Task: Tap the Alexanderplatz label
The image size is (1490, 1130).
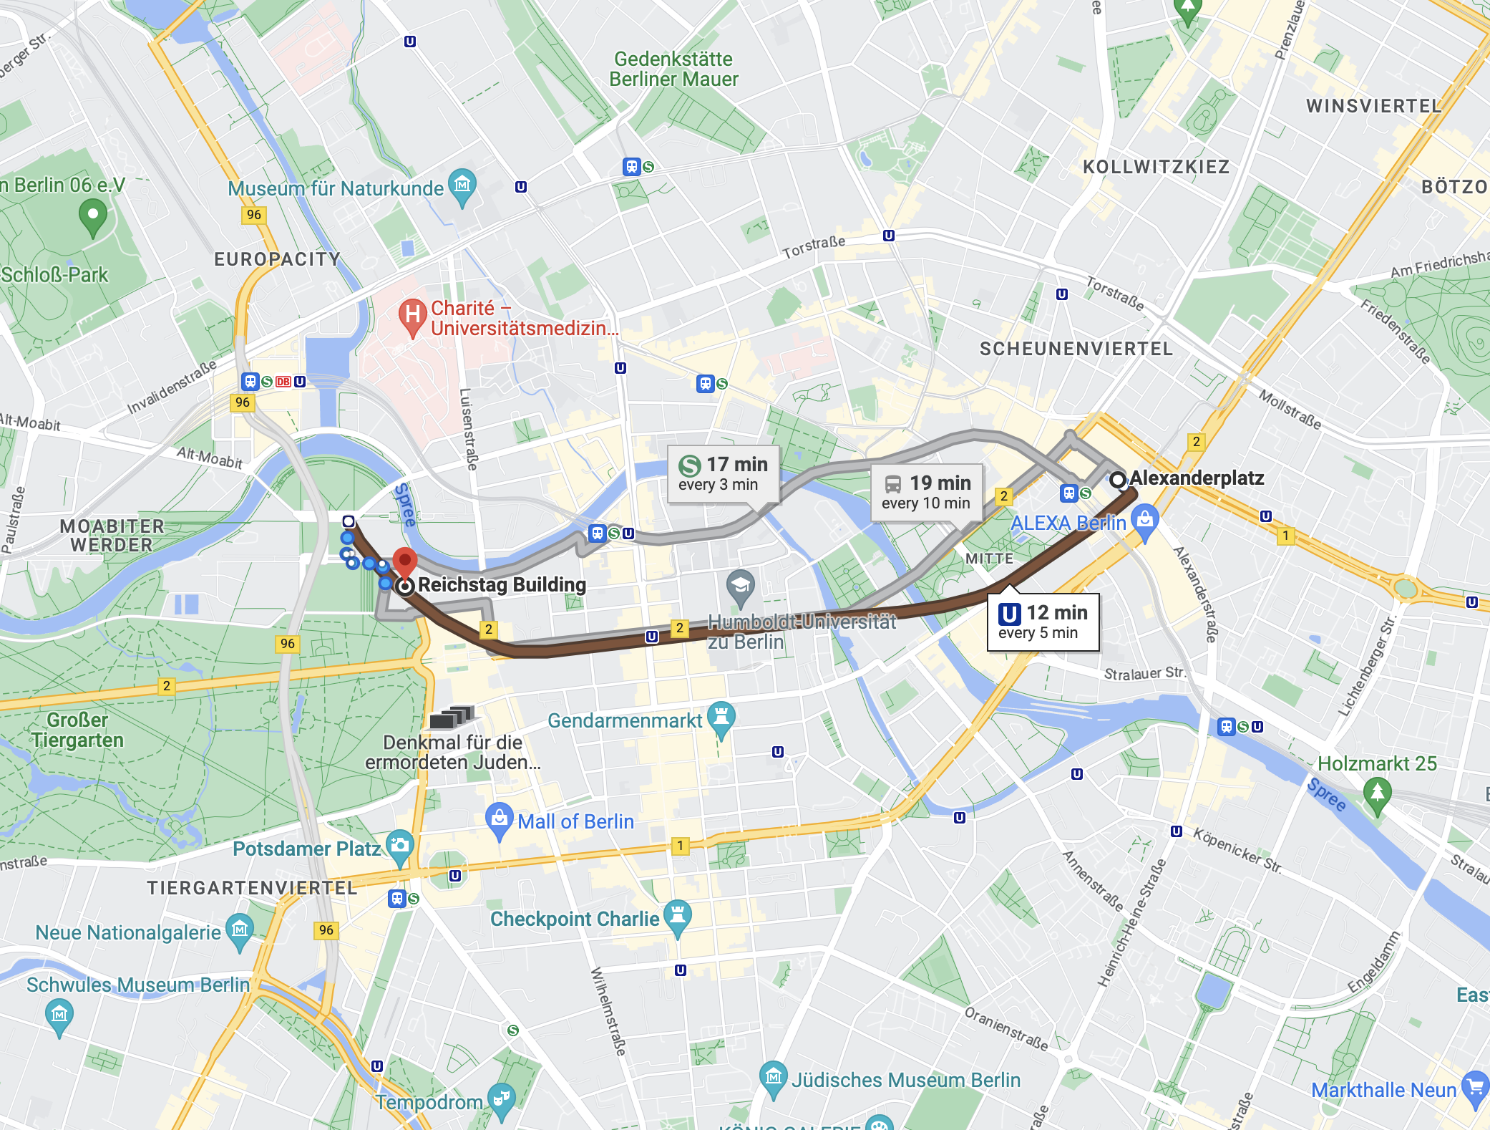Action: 1196,478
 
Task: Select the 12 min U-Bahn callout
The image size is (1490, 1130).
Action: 1043,622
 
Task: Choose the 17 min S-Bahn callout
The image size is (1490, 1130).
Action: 722,474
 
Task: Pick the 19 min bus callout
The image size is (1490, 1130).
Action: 926,492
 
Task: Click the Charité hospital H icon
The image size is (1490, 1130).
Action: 412,316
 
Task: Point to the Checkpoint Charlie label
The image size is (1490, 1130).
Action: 574,919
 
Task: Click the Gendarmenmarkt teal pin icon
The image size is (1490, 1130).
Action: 721,718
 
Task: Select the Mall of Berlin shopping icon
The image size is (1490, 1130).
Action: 499,819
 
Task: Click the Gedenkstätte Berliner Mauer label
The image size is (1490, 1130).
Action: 673,69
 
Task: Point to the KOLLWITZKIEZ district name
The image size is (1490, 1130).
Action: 1156,167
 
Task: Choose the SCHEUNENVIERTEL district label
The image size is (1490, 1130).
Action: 1076,349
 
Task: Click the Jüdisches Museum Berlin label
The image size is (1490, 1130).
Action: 905,1080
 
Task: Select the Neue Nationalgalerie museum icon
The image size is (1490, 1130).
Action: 240,930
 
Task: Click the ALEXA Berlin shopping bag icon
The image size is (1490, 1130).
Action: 1145,521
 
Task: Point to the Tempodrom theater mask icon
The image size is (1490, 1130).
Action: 501,1099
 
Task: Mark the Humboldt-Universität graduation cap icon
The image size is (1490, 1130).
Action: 740,586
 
